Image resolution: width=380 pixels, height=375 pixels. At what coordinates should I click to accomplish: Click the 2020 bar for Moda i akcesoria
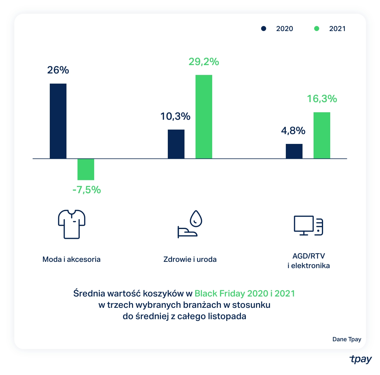[x=58, y=121]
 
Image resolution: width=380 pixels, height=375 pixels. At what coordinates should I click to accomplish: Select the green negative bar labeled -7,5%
[x=86, y=169]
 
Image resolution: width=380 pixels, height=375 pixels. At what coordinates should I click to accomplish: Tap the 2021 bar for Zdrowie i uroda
[x=204, y=116]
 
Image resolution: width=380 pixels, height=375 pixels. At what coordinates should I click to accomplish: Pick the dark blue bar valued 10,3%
[x=176, y=144]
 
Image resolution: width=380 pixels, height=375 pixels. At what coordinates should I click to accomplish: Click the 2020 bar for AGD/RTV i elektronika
[x=294, y=151]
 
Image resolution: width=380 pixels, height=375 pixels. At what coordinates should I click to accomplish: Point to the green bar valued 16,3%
[x=322, y=135]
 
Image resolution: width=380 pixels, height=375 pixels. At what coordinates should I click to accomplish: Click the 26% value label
[x=58, y=70]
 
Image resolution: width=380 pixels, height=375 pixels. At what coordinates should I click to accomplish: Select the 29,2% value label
[x=204, y=62]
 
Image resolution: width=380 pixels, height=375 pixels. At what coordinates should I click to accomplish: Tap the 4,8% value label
[x=293, y=131]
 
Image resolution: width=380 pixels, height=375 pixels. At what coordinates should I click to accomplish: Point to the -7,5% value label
[x=87, y=190]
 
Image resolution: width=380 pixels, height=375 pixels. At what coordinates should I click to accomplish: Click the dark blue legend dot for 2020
[x=263, y=29]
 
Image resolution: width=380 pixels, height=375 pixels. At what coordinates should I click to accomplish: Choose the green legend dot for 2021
[x=317, y=29]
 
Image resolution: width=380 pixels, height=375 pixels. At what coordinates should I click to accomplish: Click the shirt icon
[x=72, y=224]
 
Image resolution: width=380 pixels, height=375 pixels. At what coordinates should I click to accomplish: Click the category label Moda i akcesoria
[x=72, y=259]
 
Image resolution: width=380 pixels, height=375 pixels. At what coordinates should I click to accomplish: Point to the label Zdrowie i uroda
[x=190, y=259]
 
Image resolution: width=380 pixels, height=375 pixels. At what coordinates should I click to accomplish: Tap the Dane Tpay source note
[x=347, y=339]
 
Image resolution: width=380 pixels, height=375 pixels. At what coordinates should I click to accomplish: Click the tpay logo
[x=361, y=359]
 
